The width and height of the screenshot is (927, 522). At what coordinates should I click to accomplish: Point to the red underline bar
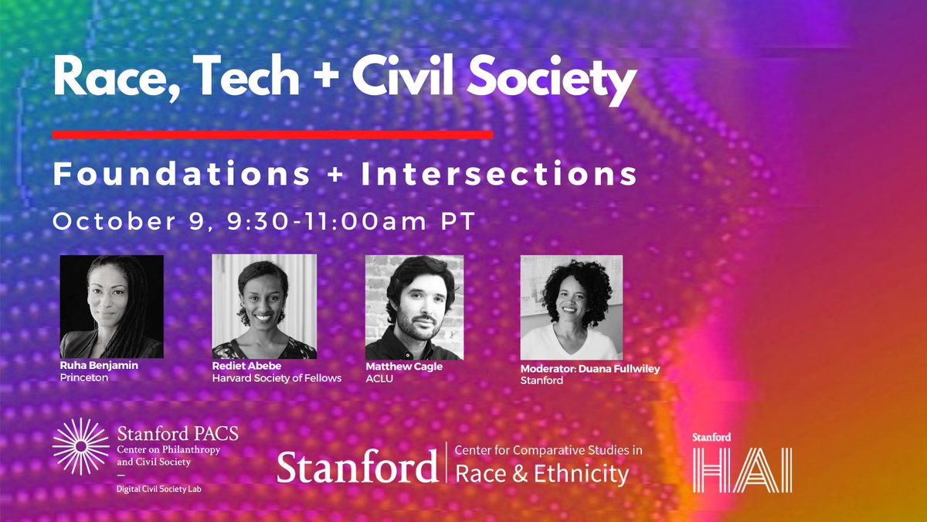click(272, 135)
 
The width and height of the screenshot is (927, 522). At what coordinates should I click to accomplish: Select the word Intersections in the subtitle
click(499, 173)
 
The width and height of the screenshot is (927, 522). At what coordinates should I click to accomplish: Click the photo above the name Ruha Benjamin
click(111, 306)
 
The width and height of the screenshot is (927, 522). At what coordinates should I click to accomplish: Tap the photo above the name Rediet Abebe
click(264, 306)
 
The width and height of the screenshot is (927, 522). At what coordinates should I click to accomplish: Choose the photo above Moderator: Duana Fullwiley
click(571, 307)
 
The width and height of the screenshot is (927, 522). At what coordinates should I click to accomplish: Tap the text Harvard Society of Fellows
click(277, 378)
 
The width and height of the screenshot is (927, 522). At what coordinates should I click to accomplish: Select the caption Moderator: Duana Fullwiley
click(590, 369)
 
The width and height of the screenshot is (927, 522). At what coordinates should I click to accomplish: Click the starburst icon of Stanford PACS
click(80, 446)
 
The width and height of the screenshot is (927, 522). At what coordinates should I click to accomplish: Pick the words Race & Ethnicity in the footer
click(542, 473)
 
